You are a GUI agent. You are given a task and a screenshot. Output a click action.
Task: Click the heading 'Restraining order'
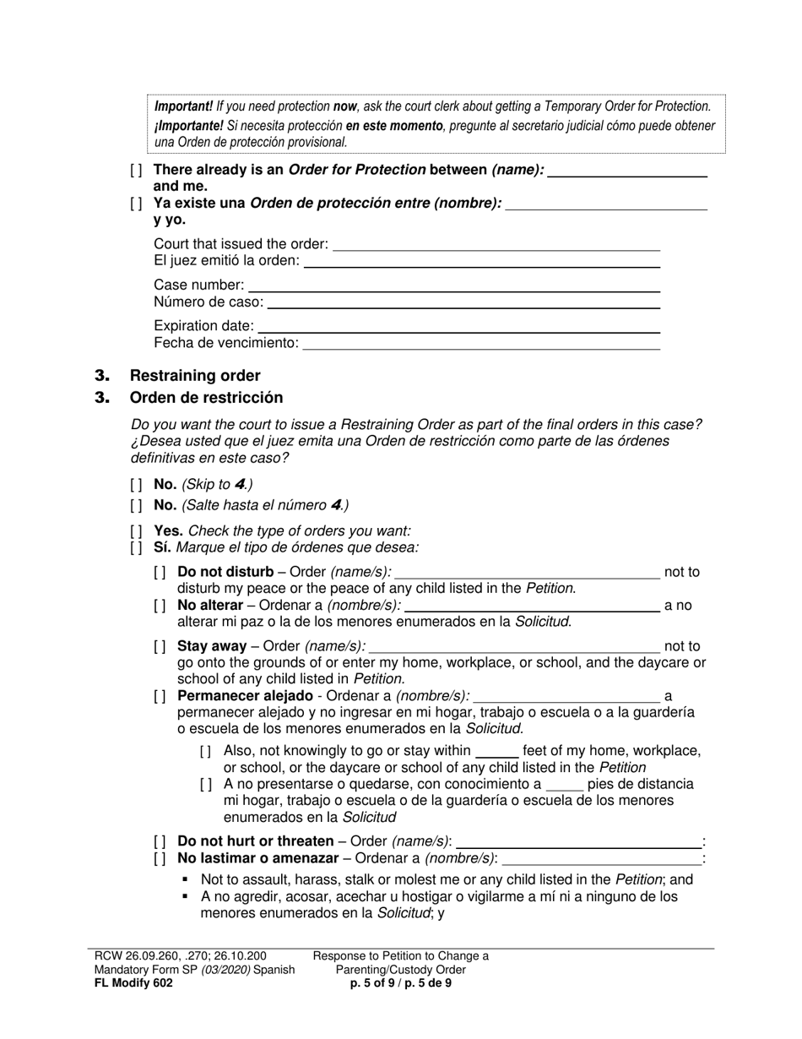tap(194, 376)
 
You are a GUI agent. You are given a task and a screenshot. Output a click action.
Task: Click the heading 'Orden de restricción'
tap(206, 398)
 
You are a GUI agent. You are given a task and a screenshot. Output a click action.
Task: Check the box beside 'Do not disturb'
tap(160, 573)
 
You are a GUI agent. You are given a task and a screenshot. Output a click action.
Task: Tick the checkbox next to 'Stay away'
tap(160, 647)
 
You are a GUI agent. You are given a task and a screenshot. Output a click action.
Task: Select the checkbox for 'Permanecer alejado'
tap(160, 697)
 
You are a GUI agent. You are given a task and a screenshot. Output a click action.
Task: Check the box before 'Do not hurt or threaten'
tap(160, 841)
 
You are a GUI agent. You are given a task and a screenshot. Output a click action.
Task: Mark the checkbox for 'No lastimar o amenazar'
tap(160, 858)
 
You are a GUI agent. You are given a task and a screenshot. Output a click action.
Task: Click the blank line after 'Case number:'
tap(453, 286)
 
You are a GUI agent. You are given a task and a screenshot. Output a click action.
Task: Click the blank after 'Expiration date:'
tap(458, 326)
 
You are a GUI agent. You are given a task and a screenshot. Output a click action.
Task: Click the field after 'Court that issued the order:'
tap(496, 244)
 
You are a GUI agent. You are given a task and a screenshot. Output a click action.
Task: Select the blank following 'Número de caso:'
tap(463, 302)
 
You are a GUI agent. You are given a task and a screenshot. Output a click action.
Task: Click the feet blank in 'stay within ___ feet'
tap(496, 751)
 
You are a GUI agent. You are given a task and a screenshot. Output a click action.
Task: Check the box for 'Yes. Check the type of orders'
tap(137, 531)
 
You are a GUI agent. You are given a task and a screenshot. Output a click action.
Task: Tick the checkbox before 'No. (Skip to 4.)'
tap(137, 485)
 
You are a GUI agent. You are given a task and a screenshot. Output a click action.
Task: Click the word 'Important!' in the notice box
tap(183, 107)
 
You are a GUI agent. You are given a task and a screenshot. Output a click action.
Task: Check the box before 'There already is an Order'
tap(137, 170)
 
